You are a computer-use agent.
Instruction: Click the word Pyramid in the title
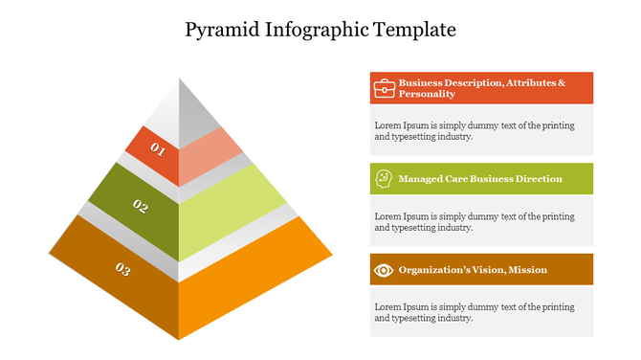click(x=218, y=30)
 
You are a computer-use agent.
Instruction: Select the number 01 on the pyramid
click(x=158, y=150)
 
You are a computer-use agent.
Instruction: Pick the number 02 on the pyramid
click(x=141, y=206)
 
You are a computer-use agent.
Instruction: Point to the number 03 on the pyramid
click(x=122, y=270)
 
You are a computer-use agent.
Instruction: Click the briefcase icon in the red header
click(x=384, y=88)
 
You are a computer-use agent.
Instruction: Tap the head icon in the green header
click(x=384, y=178)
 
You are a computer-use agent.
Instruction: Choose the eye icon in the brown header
click(x=384, y=269)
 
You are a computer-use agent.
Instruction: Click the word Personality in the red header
click(x=427, y=94)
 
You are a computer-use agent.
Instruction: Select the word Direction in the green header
click(x=539, y=179)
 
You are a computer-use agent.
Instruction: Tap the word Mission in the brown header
click(x=528, y=269)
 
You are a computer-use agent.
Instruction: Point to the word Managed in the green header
click(x=420, y=179)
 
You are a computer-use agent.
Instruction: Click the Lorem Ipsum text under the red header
click(x=475, y=130)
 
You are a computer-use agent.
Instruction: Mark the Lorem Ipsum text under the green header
click(x=475, y=221)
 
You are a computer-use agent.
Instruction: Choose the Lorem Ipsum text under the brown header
click(x=475, y=312)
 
